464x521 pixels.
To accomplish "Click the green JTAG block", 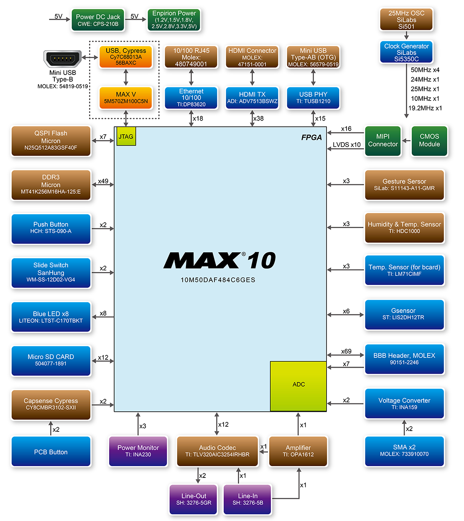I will tap(126, 136).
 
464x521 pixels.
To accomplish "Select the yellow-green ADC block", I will tap(298, 385).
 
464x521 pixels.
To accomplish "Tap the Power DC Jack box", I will tap(98, 20).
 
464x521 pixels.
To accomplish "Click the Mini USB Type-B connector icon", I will tap(63, 58).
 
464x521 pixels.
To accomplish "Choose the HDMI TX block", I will tap(252, 98).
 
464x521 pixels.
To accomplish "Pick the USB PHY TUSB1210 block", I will tap(313, 98).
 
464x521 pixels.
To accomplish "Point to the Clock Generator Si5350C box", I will tap(406, 52).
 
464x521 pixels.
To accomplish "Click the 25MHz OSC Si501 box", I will tap(406, 20).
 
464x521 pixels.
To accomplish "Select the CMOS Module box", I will tap(429, 141).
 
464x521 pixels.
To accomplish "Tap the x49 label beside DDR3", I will tap(103, 181).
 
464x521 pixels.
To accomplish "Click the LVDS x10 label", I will tap(347, 145).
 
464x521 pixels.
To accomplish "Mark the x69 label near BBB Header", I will tap(346, 352).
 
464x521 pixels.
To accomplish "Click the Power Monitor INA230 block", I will tap(138, 451).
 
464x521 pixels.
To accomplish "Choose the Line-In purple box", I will tap(247, 499).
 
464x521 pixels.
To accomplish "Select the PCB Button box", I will tap(51, 452).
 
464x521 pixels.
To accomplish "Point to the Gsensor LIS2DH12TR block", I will tap(404, 314).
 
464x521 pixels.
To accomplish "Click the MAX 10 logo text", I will tap(219, 261).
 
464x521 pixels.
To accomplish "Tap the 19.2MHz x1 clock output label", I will tap(425, 108).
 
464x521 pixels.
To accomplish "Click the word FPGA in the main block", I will tap(311, 137).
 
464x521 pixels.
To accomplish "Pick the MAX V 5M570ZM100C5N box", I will tap(126, 98).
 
